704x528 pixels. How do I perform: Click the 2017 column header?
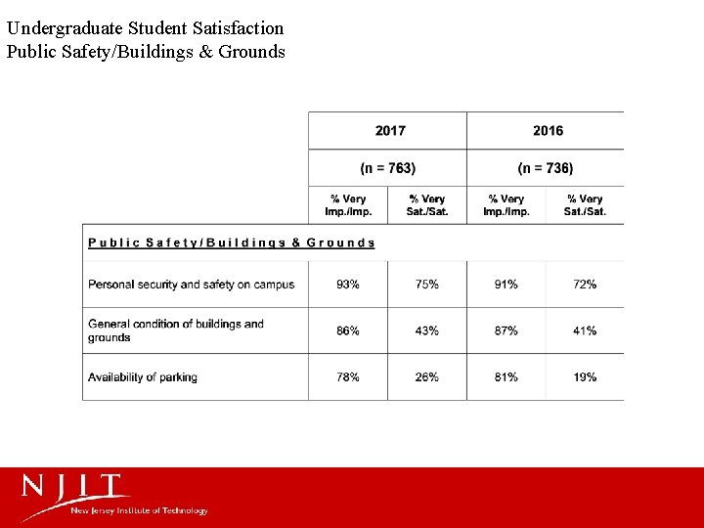389,131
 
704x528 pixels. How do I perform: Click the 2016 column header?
548,131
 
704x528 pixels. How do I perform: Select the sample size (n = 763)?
388,168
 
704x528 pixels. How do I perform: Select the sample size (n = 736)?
546,168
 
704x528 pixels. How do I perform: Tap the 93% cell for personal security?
347,285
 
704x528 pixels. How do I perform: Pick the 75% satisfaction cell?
427,285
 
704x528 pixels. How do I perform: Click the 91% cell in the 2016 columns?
506,285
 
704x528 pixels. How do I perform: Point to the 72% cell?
585,285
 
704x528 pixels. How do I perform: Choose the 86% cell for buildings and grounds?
347,330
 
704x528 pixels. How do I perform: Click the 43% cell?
427,330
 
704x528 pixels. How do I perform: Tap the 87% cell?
506,330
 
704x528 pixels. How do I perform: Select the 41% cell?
585,330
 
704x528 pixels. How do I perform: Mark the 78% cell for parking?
347,377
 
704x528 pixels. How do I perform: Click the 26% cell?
427,377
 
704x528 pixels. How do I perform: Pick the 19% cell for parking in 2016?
585,377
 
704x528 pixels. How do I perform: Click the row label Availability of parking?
143,377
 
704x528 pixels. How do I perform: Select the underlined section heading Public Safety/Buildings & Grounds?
232,242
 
